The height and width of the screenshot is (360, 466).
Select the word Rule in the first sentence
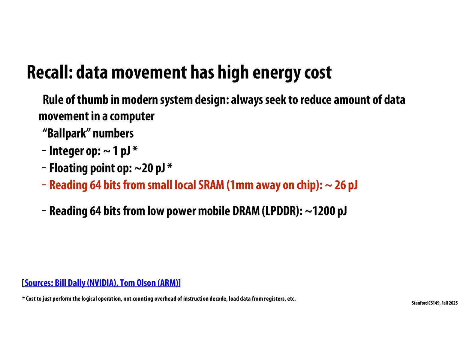[x=53, y=100]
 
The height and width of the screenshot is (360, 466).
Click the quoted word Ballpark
[x=67, y=133]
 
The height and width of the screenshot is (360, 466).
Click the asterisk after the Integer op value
[x=135, y=149]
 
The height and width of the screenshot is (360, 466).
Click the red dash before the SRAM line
[x=44, y=184]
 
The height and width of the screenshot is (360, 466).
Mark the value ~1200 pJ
[x=326, y=211]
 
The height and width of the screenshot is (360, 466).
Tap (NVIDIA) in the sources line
[x=102, y=283]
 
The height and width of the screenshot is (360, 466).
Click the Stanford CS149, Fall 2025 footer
[x=434, y=303]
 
